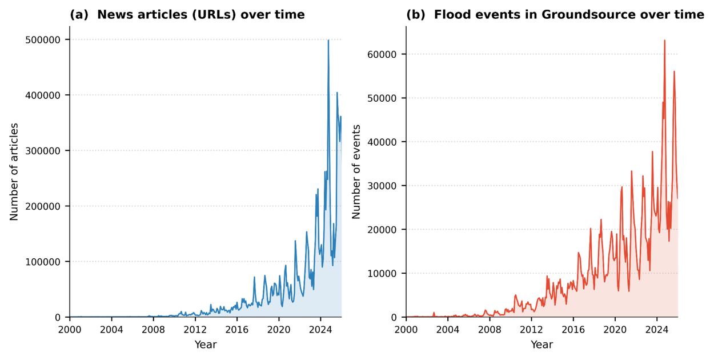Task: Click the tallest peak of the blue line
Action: [328, 40]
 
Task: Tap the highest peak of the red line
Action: [664, 40]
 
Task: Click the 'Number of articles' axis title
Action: [14, 171]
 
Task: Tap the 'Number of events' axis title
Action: [356, 171]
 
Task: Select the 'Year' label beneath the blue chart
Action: [206, 345]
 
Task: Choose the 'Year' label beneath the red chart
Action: [541, 345]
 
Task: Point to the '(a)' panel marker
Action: [78, 15]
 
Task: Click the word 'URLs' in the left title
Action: [223, 15]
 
